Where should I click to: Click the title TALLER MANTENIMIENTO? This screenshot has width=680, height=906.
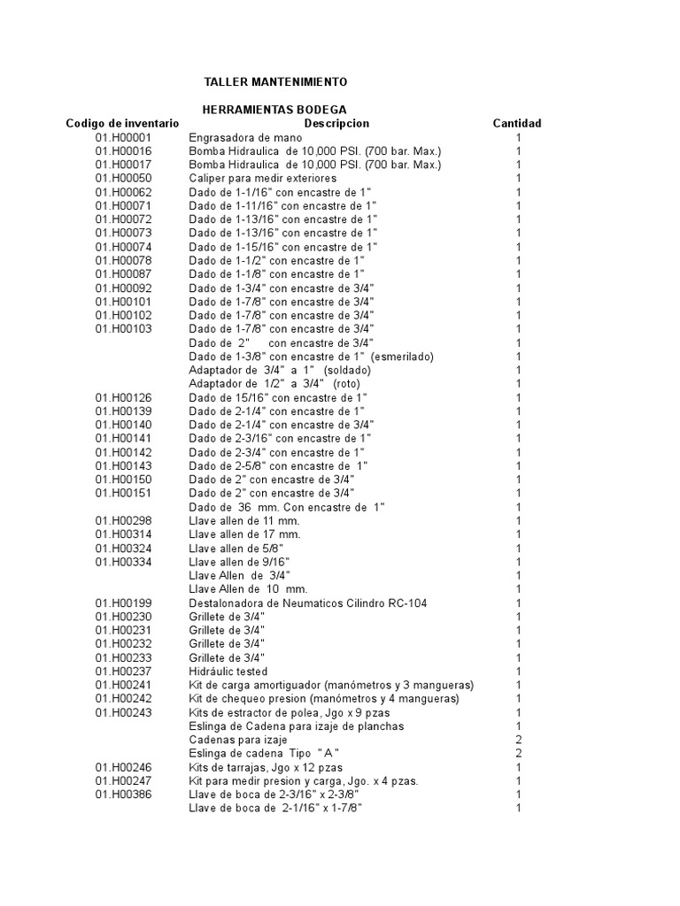point(275,81)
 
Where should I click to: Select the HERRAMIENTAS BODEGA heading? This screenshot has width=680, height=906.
point(274,109)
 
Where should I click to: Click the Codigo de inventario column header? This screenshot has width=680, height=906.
point(122,123)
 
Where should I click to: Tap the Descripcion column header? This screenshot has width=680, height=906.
point(336,123)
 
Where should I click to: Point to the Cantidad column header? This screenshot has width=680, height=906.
point(517,123)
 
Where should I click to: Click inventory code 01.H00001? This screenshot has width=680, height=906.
point(124,137)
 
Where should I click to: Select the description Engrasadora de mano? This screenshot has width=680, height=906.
point(245,137)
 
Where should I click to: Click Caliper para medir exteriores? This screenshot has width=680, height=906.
point(251,179)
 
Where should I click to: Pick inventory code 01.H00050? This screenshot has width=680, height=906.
point(124,179)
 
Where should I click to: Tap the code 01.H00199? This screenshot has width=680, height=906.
point(124,603)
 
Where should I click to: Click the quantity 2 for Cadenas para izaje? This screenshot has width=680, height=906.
point(519,739)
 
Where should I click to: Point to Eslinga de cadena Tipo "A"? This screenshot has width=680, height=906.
point(265,753)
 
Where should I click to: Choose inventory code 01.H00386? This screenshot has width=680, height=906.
point(124,795)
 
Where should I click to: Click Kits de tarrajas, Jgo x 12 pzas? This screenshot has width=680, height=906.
point(266,767)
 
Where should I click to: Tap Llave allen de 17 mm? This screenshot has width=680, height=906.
point(245,534)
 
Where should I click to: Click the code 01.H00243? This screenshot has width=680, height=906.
point(124,712)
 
